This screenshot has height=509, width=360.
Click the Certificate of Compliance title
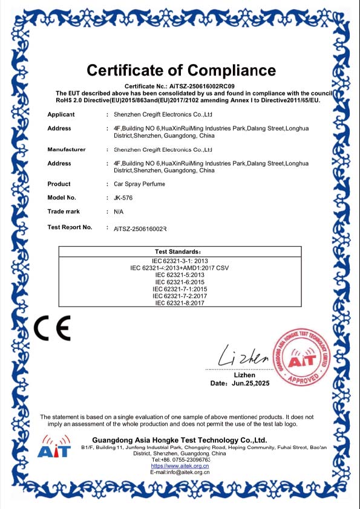[x=181, y=70]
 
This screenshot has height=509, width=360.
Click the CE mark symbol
[x=52, y=328]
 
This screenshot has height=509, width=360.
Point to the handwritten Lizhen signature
[x=243, y=356]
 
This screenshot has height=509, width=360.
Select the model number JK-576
[x=124, y=198]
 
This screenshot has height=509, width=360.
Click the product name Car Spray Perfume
[x=139, y=184]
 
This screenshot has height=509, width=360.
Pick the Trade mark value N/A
[x=119, y=212]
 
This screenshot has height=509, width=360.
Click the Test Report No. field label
[x=70, y=227]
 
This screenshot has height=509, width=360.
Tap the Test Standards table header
[x=180, y=251]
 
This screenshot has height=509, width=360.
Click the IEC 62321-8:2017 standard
[x=180, y=303]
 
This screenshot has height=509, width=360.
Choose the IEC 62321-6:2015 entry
[x=180, y=282]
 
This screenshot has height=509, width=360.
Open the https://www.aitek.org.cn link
[x=180, y=466]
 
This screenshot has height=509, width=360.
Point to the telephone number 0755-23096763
[x=188, y=459]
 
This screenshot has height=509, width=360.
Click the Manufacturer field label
[x=67, y=149]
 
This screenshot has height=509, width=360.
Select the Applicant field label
[x=61, y=114]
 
